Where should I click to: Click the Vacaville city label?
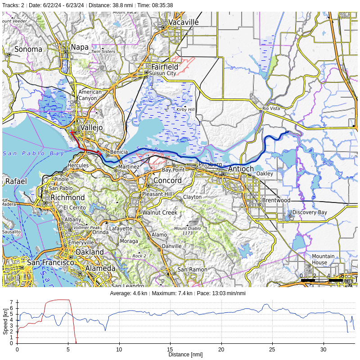(x=184, y=22)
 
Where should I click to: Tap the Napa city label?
(x=80, y=47)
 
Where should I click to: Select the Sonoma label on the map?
(x=28, y=49)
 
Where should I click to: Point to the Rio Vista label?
(x=271, y=109)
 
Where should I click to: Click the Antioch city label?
(x=241, y=169)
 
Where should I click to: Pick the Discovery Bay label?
(x=310, y=212)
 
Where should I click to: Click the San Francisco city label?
(x=50, y=262)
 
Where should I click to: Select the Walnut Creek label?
(x=160, y=212)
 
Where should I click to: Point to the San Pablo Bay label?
(x=34, y=153)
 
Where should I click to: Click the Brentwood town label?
(x=276, y=200)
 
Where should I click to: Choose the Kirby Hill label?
(x=185, y=109)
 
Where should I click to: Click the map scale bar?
(x=321, y=280)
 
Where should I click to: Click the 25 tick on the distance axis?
(x=272, y=349)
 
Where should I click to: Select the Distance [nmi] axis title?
(x=185, y=355)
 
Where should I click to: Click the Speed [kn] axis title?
(x=5, y=323)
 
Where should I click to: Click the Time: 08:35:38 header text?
(x=155, y=5)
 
